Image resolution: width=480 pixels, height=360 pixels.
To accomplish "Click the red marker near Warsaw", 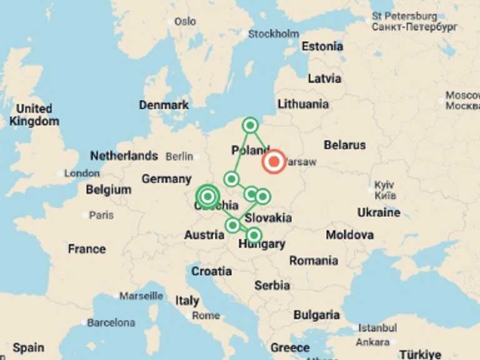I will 274,162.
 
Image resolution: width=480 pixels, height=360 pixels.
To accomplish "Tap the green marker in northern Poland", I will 251,125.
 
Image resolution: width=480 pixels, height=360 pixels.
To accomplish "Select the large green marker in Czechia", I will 207,196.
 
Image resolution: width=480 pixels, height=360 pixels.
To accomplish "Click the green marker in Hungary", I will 254,235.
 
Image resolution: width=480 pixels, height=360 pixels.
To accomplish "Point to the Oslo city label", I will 185,21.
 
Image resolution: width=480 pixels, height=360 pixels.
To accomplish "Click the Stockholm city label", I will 274,34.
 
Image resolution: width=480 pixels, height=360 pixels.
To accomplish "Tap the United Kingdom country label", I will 34,115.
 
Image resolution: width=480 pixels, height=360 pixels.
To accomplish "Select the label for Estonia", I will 322,46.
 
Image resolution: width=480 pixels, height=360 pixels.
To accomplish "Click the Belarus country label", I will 344,145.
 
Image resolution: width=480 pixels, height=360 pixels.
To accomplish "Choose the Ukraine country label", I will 379,212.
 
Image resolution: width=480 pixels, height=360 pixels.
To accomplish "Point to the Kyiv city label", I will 384,186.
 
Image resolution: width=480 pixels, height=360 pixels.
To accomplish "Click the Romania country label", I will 314,260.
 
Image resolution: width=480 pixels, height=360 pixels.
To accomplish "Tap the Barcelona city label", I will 111,322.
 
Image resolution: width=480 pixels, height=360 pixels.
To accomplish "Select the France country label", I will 87,249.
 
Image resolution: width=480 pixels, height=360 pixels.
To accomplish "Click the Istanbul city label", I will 377,327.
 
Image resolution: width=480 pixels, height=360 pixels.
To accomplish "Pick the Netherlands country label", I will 124,156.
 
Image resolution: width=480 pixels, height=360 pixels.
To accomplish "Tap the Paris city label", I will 101,215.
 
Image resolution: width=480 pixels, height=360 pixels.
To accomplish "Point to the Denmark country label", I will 164,105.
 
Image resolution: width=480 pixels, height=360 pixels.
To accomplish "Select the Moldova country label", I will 350,235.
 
